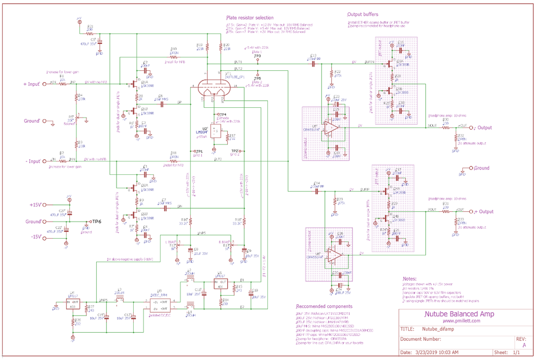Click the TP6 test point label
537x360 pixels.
tap(95, 221)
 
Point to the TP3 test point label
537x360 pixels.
tap(257, 56)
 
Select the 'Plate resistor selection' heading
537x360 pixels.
tap(250, 18)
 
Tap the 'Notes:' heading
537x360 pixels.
tap(411, 279)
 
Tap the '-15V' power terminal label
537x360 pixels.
tap(37, 237)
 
